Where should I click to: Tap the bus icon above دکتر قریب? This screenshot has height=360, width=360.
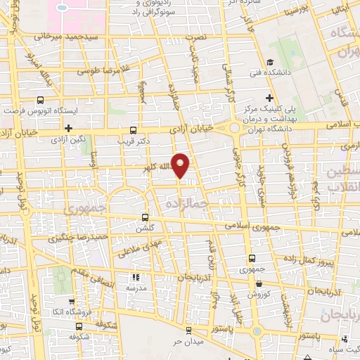pos(134,130)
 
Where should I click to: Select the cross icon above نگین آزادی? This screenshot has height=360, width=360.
pos(68,128)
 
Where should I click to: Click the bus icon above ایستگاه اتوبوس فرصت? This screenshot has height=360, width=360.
pos(40,101)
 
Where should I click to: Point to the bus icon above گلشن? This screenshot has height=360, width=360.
pos(146,217)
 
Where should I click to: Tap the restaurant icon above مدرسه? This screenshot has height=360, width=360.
pos(136,277)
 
